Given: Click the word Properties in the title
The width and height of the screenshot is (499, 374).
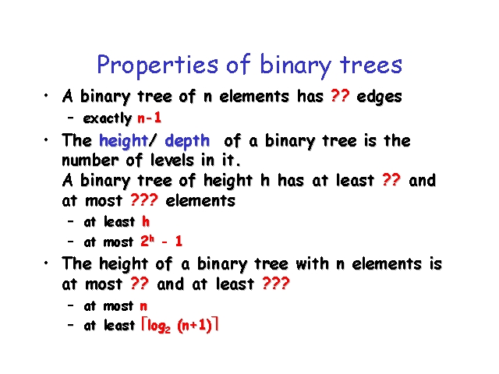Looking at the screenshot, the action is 157,65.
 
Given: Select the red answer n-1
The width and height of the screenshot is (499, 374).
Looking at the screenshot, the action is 149,118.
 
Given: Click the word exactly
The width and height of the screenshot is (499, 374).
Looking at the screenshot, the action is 108,118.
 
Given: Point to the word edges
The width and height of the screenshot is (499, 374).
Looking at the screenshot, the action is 379,97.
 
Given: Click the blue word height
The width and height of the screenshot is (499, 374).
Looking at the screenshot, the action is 123,141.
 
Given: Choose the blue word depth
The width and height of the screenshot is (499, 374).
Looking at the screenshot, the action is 187,141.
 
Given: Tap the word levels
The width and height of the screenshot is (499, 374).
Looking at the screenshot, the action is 172,160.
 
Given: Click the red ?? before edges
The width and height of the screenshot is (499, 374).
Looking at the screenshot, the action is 340,95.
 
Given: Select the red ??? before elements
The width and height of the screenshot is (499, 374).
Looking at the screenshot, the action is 143,200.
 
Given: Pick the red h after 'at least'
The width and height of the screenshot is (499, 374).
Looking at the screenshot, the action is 146,221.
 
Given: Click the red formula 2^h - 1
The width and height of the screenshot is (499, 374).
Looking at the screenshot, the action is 161,242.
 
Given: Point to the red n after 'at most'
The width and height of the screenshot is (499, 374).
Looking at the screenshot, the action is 143,306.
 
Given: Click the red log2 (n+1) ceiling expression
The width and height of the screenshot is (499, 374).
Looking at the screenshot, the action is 180,326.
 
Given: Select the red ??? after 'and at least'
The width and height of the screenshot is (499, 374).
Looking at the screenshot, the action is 276,283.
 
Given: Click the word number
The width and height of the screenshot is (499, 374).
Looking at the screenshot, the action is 90,160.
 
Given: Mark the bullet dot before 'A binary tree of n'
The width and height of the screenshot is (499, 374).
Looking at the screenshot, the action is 46,95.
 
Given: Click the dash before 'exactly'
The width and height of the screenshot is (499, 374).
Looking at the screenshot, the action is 71,118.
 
